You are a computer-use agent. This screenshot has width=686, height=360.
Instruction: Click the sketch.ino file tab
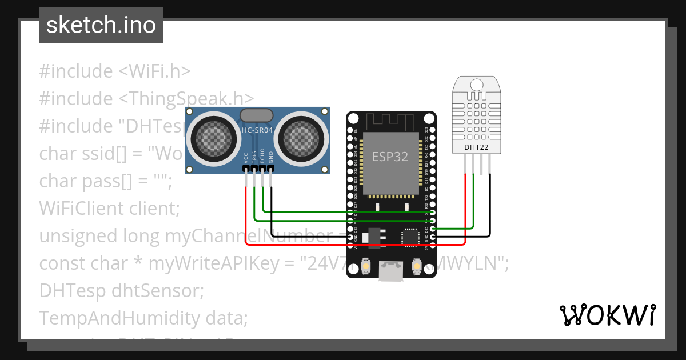pos(101,25)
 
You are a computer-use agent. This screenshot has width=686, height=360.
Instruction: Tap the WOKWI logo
pos(607,315)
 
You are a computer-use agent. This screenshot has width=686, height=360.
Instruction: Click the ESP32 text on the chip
pos(390,157)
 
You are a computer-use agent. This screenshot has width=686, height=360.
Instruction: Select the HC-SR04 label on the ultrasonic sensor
pos(257,130)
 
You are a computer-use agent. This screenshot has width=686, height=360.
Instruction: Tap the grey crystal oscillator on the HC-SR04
pos(257,115)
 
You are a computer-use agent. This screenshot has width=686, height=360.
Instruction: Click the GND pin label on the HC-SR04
pos(272,158)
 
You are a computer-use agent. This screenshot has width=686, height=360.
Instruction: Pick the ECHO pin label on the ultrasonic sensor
pos(263,158)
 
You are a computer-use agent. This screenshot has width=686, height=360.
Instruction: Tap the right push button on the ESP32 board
pos(416,266)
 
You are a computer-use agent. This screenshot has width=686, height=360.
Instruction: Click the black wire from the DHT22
pos(490,206)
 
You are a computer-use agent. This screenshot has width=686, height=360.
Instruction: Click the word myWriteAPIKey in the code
pos(210,263)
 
